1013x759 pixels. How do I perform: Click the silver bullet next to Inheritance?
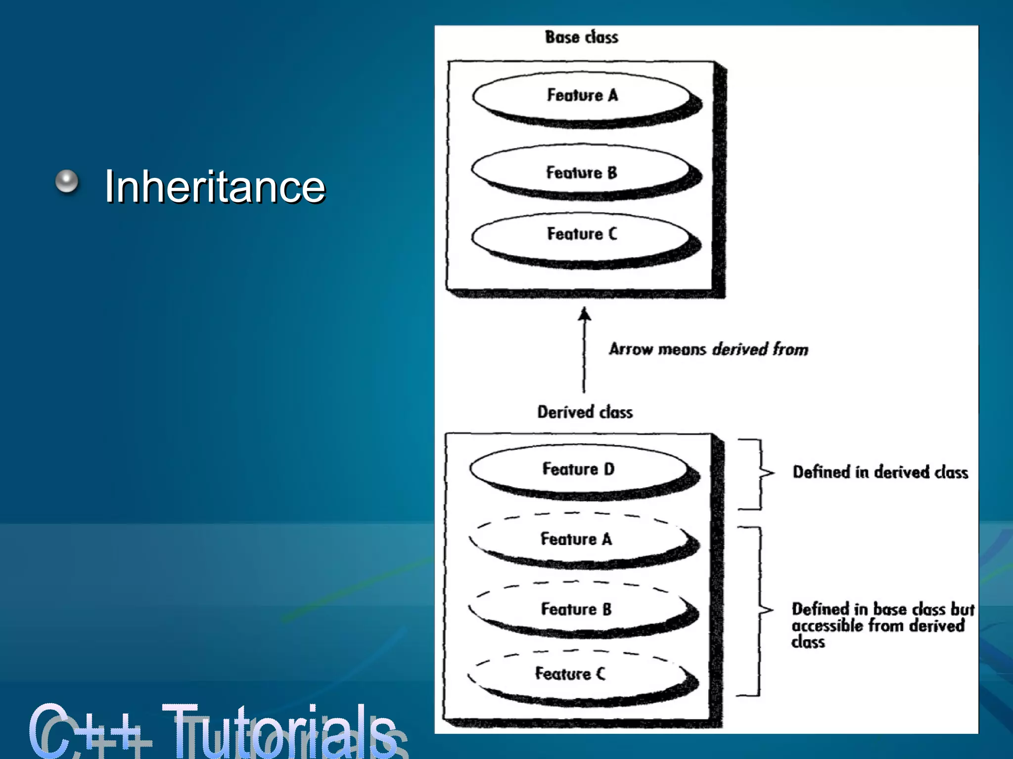[67, 181]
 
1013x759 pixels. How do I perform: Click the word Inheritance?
[215, 186]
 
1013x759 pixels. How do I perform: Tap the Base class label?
[581, 37]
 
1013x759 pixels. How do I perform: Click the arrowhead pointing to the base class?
[585, 313]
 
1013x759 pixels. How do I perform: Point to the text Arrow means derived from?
[708, 349]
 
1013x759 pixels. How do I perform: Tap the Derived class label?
[585, 412]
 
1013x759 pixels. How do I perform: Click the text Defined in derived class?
[880, 472]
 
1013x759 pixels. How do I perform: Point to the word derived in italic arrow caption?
[740, 349]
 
